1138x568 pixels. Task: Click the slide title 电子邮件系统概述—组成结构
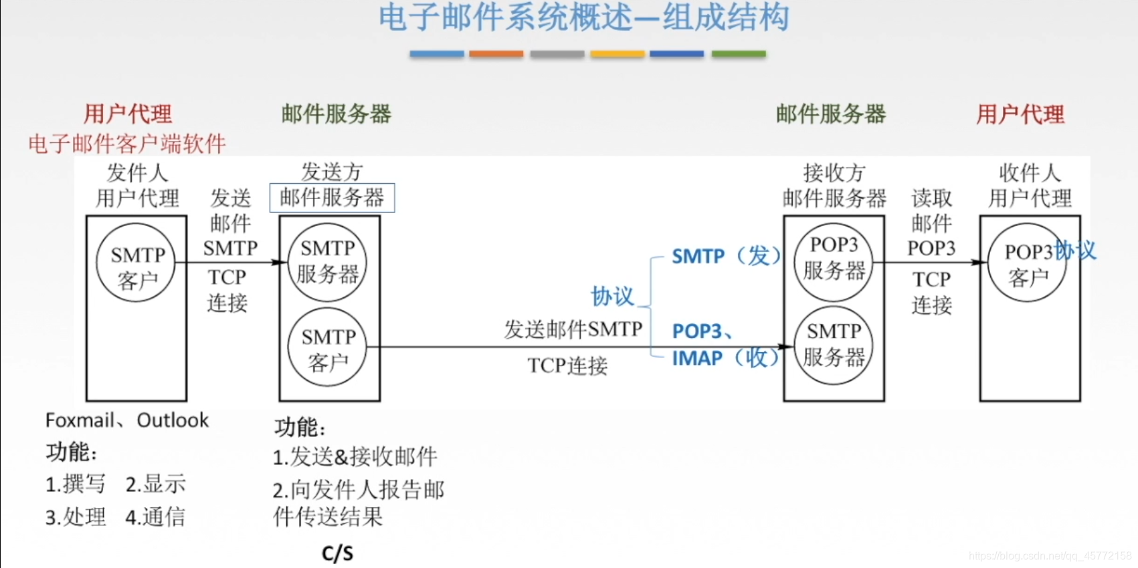583,17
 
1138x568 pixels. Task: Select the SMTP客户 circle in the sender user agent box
136,263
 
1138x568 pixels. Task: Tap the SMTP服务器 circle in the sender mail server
327,261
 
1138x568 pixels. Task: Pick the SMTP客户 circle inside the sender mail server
327,347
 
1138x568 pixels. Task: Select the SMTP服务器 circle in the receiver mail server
834,345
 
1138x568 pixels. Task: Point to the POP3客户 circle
1028,263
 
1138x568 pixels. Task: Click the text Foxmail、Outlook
126,420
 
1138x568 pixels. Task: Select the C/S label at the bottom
337,553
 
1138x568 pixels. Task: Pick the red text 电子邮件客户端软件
127,144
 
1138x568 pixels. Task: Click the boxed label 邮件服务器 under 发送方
332,198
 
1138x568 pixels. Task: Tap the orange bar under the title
496,54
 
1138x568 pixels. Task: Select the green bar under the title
739,54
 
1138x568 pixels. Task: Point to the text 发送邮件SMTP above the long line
573,329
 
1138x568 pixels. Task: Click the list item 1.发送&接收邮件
355,457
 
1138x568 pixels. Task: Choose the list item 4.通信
155,517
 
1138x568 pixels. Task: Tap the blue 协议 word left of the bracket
612,296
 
